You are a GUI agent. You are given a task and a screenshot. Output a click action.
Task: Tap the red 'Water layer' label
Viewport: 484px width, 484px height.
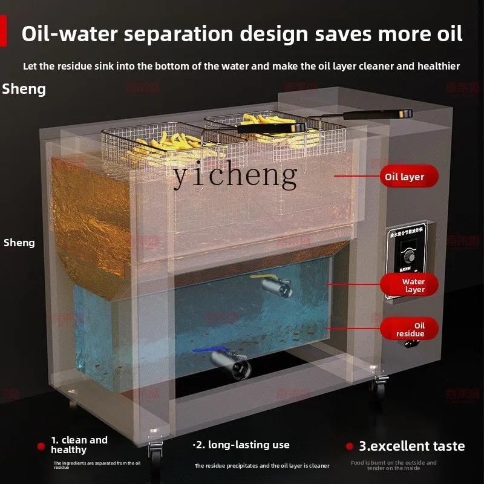coord(409,286)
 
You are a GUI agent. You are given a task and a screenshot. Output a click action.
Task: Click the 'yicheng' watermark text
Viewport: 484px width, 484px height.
coord(235,175)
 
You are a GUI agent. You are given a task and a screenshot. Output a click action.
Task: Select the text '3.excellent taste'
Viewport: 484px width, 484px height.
coord(412,446)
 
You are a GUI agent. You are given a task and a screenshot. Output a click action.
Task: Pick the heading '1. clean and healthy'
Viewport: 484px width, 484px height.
coord(79,445)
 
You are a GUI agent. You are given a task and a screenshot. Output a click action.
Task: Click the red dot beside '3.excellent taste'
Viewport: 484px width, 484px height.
coord(349,446)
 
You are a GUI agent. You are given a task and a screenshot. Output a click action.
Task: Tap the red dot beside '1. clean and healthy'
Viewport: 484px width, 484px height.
coord(41,446)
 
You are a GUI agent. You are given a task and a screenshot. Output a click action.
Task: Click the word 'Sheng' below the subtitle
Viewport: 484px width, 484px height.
coord(24,89)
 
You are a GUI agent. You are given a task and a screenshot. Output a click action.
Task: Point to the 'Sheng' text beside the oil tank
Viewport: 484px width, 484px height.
coord(19,243)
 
